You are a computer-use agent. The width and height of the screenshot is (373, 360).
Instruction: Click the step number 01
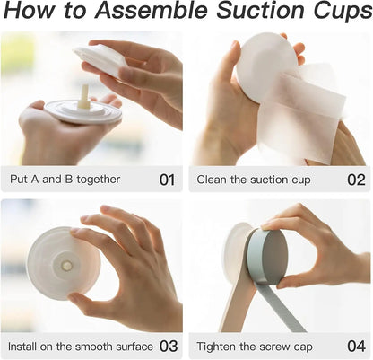(x=167, y=180)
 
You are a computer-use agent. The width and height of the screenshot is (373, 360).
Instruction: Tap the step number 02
(x=356, y=180)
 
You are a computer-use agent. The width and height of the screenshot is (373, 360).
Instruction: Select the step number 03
(x=169, y=347)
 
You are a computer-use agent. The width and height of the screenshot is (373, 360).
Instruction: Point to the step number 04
(x=356, y=347)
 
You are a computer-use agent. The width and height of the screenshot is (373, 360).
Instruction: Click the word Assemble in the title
(x=151, y=10)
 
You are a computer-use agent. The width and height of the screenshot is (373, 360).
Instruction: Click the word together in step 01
(x=99, y=180)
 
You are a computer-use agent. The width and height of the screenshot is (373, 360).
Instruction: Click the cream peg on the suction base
(x=83, y=97)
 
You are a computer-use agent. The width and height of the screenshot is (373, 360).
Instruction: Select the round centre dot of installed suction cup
(x=66, y=265)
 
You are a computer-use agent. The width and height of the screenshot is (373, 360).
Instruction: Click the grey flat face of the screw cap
(x=274, y=257)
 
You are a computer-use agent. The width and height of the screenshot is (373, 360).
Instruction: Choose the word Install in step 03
(x=22, y=347)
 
